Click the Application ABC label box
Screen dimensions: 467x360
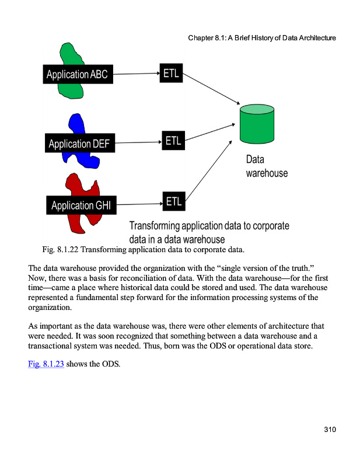(x=77, y=74)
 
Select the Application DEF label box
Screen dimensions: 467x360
(x=79, y=143)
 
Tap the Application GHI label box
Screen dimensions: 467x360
(x=81, y=205)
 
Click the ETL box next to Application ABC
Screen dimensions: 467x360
(x=171, y=73)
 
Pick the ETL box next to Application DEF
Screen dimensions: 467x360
(x=173, y=141)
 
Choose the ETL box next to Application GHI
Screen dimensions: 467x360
(x=173, y=202)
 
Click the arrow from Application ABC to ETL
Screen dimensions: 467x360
(x=134, y=74)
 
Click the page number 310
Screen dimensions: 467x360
(x=330, y=430)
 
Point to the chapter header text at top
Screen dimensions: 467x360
(x=262, y=38)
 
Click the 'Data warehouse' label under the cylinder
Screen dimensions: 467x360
(x=266, y=166)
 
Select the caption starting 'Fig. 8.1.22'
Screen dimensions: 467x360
(x=143, y=250)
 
